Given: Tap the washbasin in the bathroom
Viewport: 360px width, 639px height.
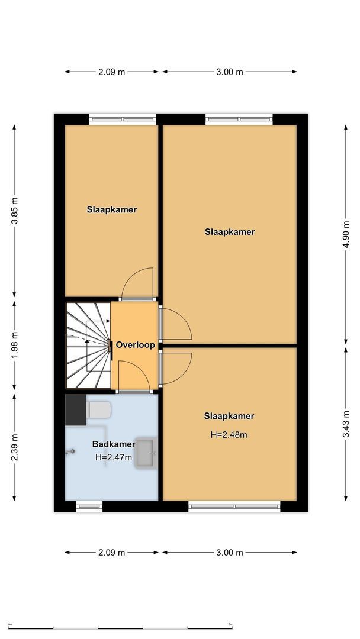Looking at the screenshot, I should point(144,453).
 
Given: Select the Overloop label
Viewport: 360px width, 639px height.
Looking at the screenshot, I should point(135,345).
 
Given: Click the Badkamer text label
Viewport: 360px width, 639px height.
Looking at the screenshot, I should point(113,444).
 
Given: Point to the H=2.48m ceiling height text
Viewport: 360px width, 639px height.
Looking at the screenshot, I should point(229,434).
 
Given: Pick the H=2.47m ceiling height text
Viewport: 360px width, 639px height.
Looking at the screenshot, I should point(113,457).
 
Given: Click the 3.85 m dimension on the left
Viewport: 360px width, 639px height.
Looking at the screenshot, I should point(14,210).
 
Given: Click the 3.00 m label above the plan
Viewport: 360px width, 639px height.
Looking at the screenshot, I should point(230,72).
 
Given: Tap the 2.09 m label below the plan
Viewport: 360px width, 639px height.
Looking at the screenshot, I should point(112,553).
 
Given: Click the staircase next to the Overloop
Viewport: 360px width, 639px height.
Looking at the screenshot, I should point(88,345).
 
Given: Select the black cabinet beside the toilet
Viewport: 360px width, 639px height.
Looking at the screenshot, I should point(75,410).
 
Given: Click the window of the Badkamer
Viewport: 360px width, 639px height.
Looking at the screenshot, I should point(89,506).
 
